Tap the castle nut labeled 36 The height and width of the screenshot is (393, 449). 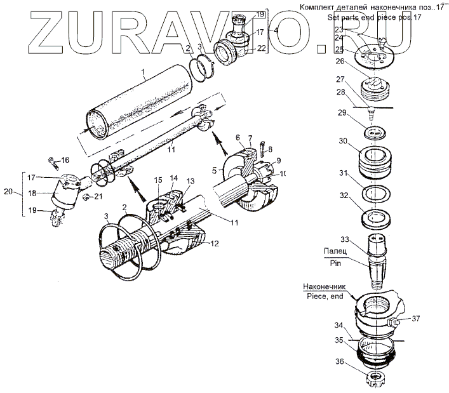pyautogui.click(x=377, y=380)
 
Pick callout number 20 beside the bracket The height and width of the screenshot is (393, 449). pyautogui.click(x=8, y=190)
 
